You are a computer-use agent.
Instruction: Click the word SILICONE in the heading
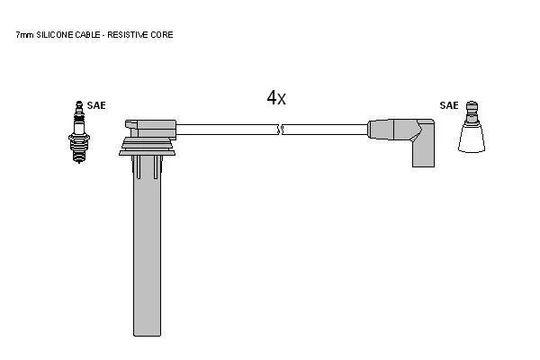click(55, 35)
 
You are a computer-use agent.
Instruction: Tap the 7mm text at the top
click(25, 35)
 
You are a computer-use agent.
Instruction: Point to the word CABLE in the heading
click(88, 35)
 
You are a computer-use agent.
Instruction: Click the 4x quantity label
click(276, 98)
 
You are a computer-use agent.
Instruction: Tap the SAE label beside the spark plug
click(96, 105)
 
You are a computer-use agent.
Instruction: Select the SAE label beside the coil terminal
click(449, 105)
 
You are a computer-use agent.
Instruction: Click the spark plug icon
click(79, 132)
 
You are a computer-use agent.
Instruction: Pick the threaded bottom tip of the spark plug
click(79, 158)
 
